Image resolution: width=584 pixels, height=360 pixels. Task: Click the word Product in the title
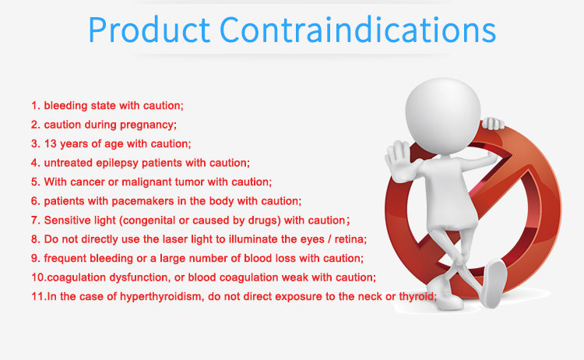tap(149, 30)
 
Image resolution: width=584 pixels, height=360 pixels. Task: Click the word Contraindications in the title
tap(357, 30)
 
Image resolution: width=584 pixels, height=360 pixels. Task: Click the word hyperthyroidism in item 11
tap(161, 297)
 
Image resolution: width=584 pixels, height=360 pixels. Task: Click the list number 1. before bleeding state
tap(35, 106)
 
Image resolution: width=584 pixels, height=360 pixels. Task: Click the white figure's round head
tap(443, 115)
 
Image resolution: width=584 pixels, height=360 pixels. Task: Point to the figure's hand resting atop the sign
tap(491, 123)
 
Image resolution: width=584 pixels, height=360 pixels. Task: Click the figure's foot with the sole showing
tap(494, 283)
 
